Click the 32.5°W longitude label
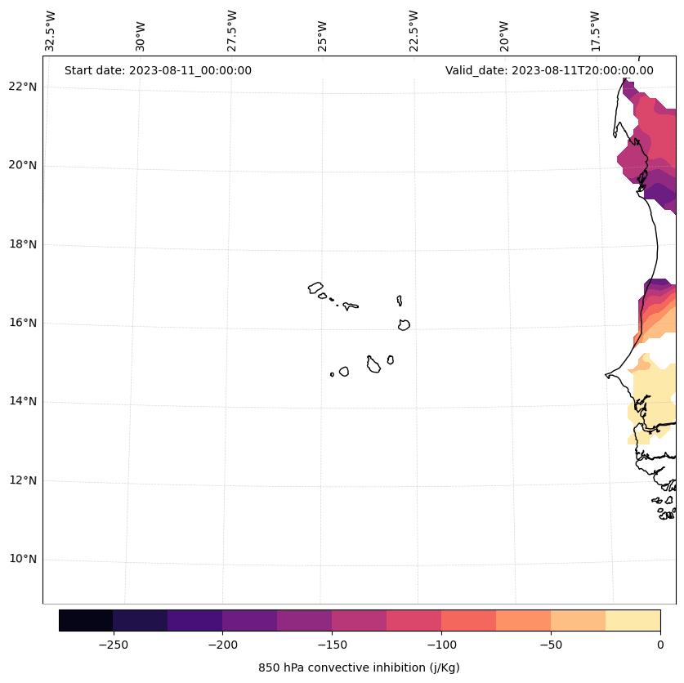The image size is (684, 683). pyautogui.click(x=51, y=31)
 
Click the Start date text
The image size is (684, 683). pyautogui.click(x=158, y=70)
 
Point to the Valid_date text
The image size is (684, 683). pyautogui.click(x=549, y=70)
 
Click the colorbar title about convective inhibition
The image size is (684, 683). pyautogui.click(x=359, y=667)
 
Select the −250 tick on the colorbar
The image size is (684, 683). pyautogui.click(x=113, y=645)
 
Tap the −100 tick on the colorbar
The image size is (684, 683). pyautogui.click(x=441, y=645)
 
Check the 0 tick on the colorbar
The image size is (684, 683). pyautogui.click(x=660, y=645)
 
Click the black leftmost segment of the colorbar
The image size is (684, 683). pyautogui.click(x=86, y=620)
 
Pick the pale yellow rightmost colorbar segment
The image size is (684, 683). pyautogui.click(x=633, y=620)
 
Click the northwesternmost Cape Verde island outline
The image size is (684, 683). pyautogui.click(x=315, y=288)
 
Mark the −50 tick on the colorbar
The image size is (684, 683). pyautogui.click(x=551, y=645)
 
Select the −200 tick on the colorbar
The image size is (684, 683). pyautogui.click(x=222, y=645)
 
